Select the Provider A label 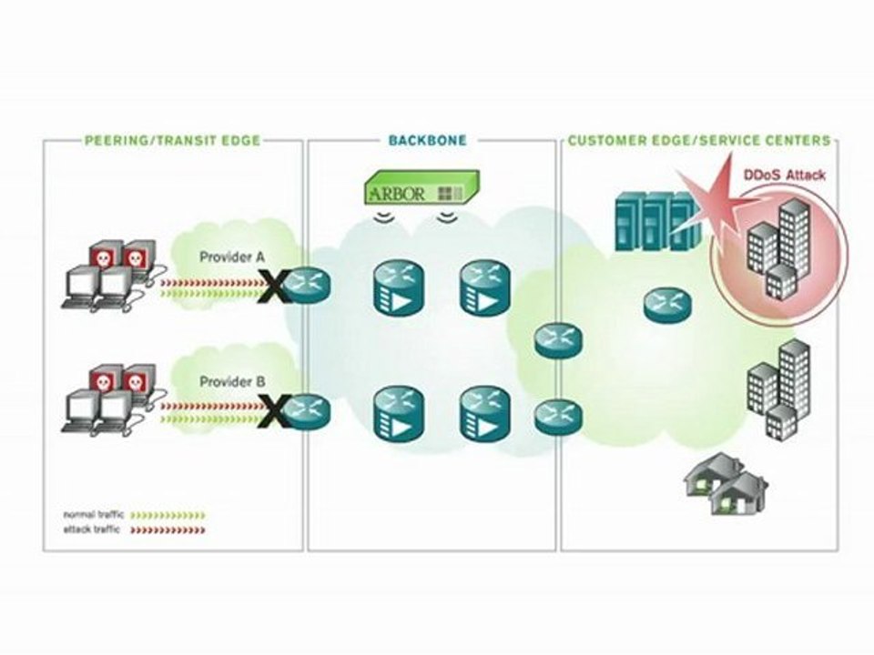232,257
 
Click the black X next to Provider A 270,289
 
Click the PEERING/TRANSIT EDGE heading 172,141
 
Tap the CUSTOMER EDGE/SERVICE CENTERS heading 698,141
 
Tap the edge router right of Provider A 306,287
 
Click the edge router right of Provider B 306,410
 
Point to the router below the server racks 668,303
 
